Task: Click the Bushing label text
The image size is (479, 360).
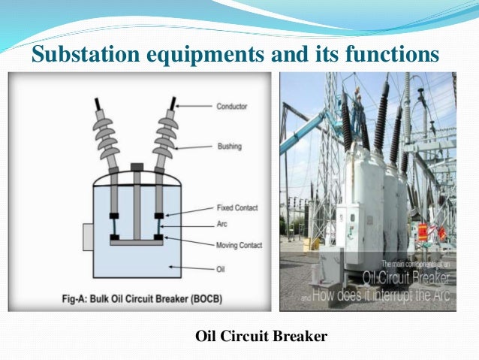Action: pyautogui.click(x=230, y=147)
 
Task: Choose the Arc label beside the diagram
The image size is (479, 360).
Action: pyautogui.click(x=222, y=225)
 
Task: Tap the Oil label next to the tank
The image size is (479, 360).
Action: pyautogui.click(x=221, y=266)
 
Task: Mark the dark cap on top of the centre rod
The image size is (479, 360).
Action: pyautogui.click(x=136, y=167)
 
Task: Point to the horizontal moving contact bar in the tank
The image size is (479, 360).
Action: pyautogui.click(x=136, y=241)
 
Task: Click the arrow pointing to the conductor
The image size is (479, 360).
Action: pyautogui.click(x=195, y=107)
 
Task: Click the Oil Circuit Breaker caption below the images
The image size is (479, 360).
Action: pyautogui.click(x=261, y=336)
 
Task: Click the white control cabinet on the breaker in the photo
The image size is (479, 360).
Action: pyautogui.click(x=350, y=225)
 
